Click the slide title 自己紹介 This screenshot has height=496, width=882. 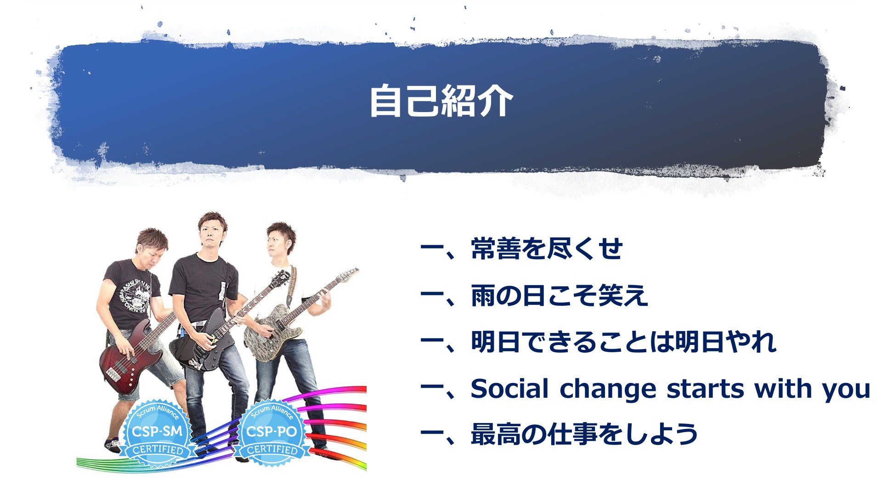pyautogui.click(x=441, y=101)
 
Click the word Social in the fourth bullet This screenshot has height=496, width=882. pyautogui.click(x=509, y=389)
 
